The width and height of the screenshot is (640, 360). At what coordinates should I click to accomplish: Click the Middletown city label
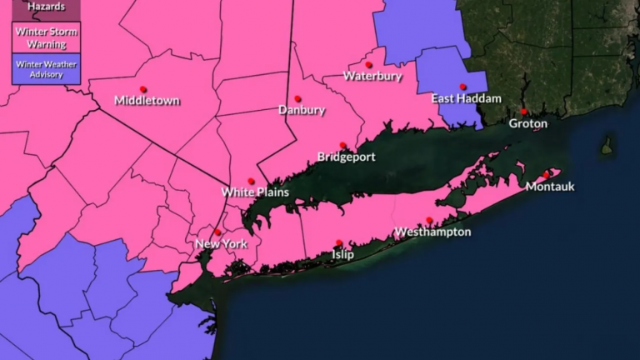147,101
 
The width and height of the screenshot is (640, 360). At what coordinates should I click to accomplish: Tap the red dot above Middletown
143,89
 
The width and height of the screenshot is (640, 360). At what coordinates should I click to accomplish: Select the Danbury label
302,110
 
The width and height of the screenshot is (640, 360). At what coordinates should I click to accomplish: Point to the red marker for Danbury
297,98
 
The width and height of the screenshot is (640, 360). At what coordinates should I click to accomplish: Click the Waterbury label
372,76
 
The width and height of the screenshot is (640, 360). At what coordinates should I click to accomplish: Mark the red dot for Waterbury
368,64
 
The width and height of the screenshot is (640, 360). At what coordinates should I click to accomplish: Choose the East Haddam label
466,98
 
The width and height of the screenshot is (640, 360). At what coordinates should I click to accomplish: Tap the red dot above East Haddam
462,87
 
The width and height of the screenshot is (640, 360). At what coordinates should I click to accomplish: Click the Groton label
528,123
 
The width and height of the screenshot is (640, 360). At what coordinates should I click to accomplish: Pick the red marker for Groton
524,112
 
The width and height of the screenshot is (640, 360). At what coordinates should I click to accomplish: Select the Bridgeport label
347,157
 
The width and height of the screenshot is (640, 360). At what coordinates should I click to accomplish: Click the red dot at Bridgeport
342,145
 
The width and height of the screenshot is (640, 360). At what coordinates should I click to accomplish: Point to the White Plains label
255,192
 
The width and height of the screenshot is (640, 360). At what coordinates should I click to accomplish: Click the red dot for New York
217,232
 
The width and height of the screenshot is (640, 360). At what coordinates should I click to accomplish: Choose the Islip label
342,255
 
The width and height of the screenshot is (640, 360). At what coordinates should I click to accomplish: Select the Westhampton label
432,232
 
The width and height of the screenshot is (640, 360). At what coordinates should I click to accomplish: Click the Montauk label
550,187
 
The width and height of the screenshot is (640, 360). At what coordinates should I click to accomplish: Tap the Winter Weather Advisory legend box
47,69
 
